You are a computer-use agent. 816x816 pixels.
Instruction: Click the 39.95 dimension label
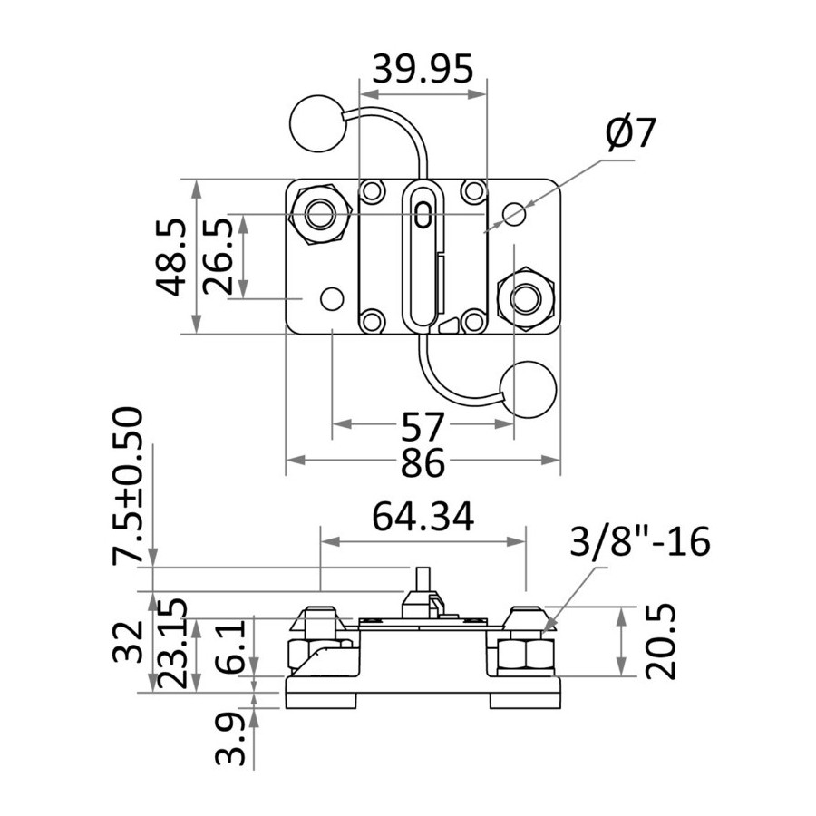pyautogui.click(x=423, y=69)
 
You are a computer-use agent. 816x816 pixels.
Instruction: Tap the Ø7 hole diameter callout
pyautogui.click(x=630, y=133)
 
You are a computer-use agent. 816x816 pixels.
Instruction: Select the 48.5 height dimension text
pyautogui.click(x=171, y=257)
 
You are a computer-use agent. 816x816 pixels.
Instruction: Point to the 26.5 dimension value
pyautogui.click(x=218, y=257)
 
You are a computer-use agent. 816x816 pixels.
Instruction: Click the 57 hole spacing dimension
pyautogui.click(x=422, y=427)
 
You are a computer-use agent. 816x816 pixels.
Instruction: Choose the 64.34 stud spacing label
pyautogui.click(x=423, y=517)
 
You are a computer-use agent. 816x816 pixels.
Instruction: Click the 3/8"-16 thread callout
pyautogui.click(x=640, y=542)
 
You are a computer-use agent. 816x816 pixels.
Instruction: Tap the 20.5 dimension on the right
pyautogui.click(x=660, y=642)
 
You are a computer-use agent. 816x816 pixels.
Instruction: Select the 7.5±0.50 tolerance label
pyautogui.click(x=127, y=486)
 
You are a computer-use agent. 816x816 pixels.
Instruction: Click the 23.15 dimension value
pyautogui.click(x=171, y=645)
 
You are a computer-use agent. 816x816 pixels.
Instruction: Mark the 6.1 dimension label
pyautogui.click(x=230, y=646)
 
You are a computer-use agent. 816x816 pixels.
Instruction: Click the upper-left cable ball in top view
pyautogui.click(x=317, y=124)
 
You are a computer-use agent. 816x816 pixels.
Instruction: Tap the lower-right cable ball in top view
pyautogui.click(x=528, y=389)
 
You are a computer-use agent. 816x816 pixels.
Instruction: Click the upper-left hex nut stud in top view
pyautogui.click(x=320, y=213)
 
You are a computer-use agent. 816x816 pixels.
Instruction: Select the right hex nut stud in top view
pyautogui.click(x=526, y=298)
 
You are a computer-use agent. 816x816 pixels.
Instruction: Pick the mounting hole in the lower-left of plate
pyautogui.click(x=332, y=298)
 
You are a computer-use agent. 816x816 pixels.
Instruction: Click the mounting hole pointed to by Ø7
pyautogui.click(x=514, y=213)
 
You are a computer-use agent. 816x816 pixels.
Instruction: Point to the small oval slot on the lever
pyautogui.click(x=423, y=215)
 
